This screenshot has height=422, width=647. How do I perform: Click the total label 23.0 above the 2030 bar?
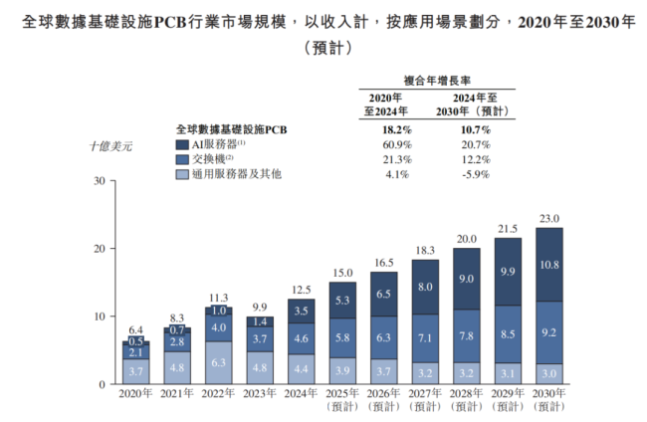tap(549, 219)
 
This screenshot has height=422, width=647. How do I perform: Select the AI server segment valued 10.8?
tap(549, 266)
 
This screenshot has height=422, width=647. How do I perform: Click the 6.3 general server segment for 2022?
tap(219, 363)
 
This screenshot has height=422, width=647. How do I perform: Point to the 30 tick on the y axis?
tap(98, 181)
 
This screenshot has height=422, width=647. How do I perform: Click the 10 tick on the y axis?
tap(98, 316)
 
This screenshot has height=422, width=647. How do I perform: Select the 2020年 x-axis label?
tap(136, 395)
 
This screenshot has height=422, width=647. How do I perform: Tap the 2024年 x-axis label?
tap(302, 395)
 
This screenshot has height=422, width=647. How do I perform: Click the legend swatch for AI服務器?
tap(181, 144)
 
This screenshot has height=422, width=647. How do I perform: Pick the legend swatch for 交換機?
tap(181, 159)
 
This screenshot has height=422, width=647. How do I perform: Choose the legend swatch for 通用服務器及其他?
tap(181, 175)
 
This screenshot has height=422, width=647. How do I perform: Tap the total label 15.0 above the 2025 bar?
tap(342, 273)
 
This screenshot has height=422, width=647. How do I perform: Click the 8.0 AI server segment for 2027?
tap(425, 287)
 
